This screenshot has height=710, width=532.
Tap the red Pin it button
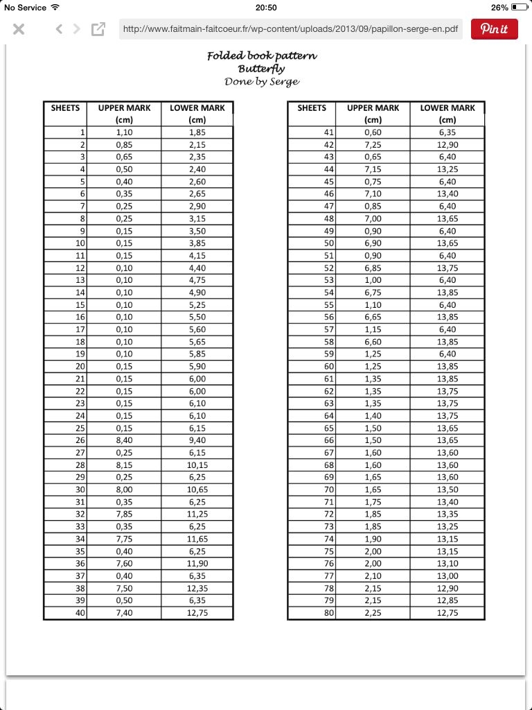pyautogui.click(x=495, y=29)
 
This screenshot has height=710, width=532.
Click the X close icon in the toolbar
pyautogui.click(x=19, y=29)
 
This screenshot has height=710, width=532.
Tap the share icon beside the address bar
pyautogui.click(x=98, y=29)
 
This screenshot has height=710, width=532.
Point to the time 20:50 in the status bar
pyautogui.click(x=266, y=8)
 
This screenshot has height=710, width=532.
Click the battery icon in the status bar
pyautogui.click(x=520, y=8)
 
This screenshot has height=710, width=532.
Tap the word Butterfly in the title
pyautogui.click(x=262, y=69)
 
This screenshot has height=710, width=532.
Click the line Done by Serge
pyautogui.click(x=262, y=82)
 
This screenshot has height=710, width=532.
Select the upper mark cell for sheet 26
pyautogui.click(x=125, y=440)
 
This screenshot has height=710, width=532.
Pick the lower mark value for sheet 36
pyautogui.click(x=197, y=564)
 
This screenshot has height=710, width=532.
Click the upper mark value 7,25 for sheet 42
pyautogui.click(x=373, y=145)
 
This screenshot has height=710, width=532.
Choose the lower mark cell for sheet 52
pyautogui.click(x=447, y=268)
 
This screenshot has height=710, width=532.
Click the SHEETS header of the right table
pyautogui.click(x=312, y=108)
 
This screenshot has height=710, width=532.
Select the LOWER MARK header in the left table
pyautogui.click(x=197, y=108)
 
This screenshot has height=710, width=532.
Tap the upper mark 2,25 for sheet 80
pyautogui.click(x=373, y=613)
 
